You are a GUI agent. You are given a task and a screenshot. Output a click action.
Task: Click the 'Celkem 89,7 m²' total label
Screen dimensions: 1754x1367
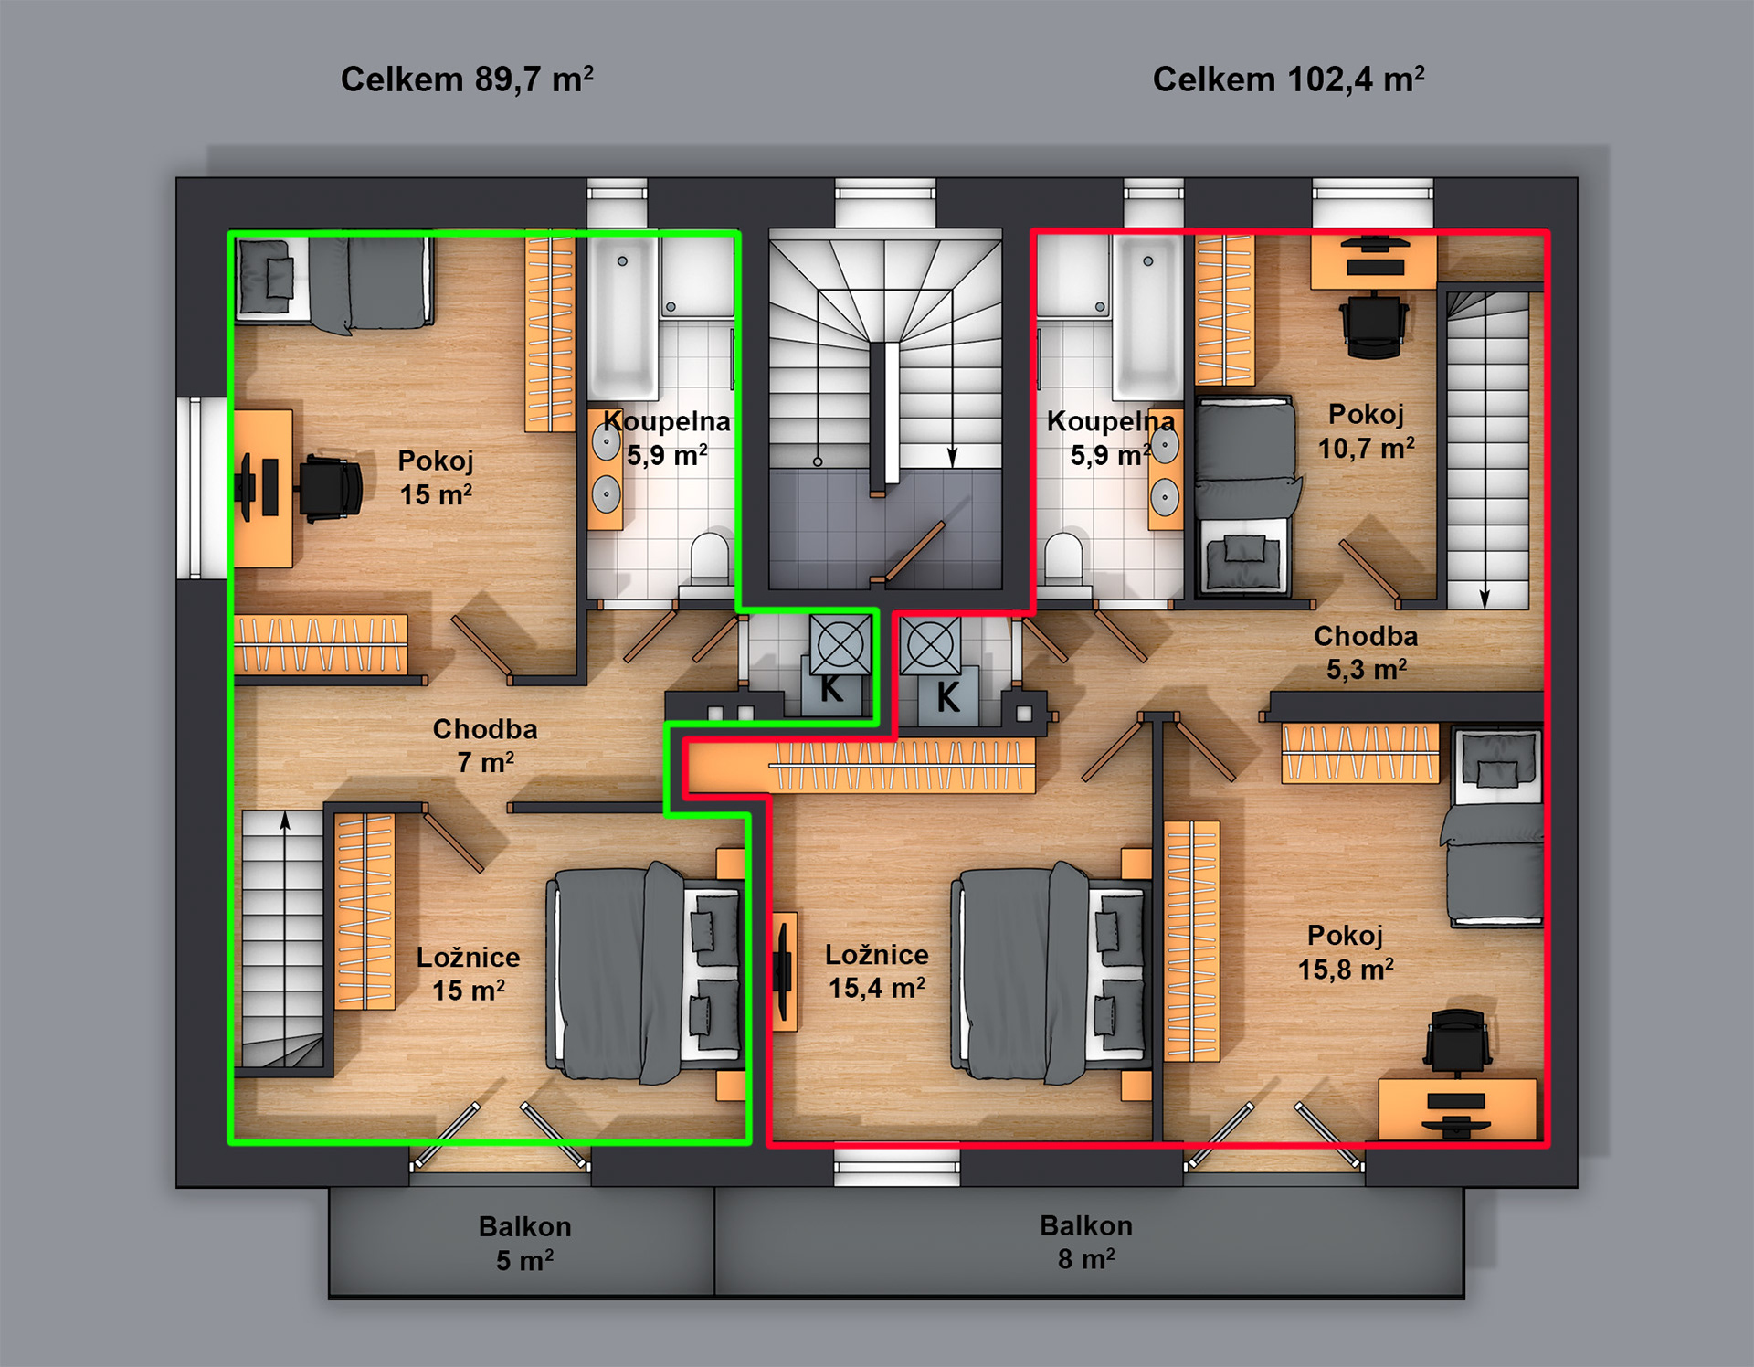click(x=467, y=79)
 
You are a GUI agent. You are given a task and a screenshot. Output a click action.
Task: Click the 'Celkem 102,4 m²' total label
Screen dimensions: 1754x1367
click(x=1288, y=79)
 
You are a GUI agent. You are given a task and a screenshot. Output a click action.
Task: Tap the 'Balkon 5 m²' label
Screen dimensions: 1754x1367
click(x=524, y=1244)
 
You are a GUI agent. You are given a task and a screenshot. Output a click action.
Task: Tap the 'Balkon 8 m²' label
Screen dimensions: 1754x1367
click(x=1086, y=1242)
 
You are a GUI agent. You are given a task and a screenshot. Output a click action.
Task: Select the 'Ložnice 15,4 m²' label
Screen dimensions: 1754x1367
click(x=876, y=971)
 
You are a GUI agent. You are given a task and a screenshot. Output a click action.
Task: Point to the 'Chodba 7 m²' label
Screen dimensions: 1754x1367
click(x=485, y=746)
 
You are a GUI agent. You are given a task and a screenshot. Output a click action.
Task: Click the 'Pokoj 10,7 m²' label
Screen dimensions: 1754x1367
click(x=1366, y=431)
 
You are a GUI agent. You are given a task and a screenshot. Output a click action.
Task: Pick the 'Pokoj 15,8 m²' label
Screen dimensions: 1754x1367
click(x=1346, y=952)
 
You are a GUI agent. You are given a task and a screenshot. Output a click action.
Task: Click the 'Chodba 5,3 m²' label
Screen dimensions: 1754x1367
click(x=1366, y=652)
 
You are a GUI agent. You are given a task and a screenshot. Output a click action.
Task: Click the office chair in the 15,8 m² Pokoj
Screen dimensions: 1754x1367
click(x=1458, y=1041)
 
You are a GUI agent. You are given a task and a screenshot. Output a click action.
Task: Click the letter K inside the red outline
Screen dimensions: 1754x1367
click(x=948, y=697)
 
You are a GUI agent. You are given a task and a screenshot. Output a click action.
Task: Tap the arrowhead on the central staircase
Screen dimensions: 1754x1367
click(x=952, y=457)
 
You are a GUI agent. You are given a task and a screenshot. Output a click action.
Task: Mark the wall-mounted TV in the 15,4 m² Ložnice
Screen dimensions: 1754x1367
click(x=783, y=971)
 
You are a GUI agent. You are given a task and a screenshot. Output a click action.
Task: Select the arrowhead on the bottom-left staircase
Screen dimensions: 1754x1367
click(x=285, y=821)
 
